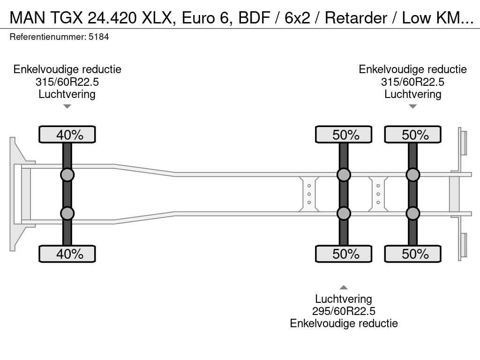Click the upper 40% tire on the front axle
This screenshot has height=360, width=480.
pos(67,135)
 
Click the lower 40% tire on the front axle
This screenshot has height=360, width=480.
pos(67,254)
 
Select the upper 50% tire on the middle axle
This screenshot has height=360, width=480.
pos(344,135)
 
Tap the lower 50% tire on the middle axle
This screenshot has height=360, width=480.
pos(344,254)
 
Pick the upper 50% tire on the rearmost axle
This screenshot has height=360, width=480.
pos(412,135)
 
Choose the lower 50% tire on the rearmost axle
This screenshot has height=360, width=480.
pos(412,254)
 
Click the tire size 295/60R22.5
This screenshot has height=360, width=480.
pos(344,311)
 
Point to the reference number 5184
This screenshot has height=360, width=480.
pos(98,37)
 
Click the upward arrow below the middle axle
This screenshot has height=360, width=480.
pos(344,287)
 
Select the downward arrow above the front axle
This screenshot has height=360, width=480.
pos(67,106)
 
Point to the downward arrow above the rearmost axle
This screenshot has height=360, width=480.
pos(412,106)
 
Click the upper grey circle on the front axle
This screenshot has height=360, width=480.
pos(67,175)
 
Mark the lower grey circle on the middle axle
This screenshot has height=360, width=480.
pos(344,213)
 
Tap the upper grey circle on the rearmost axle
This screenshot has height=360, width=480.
pos(412,175)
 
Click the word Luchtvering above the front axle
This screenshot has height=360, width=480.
pos(67,94)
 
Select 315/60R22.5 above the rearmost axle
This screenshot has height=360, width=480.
pos(412,82)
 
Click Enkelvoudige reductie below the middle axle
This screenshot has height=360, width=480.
pos(344,323)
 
